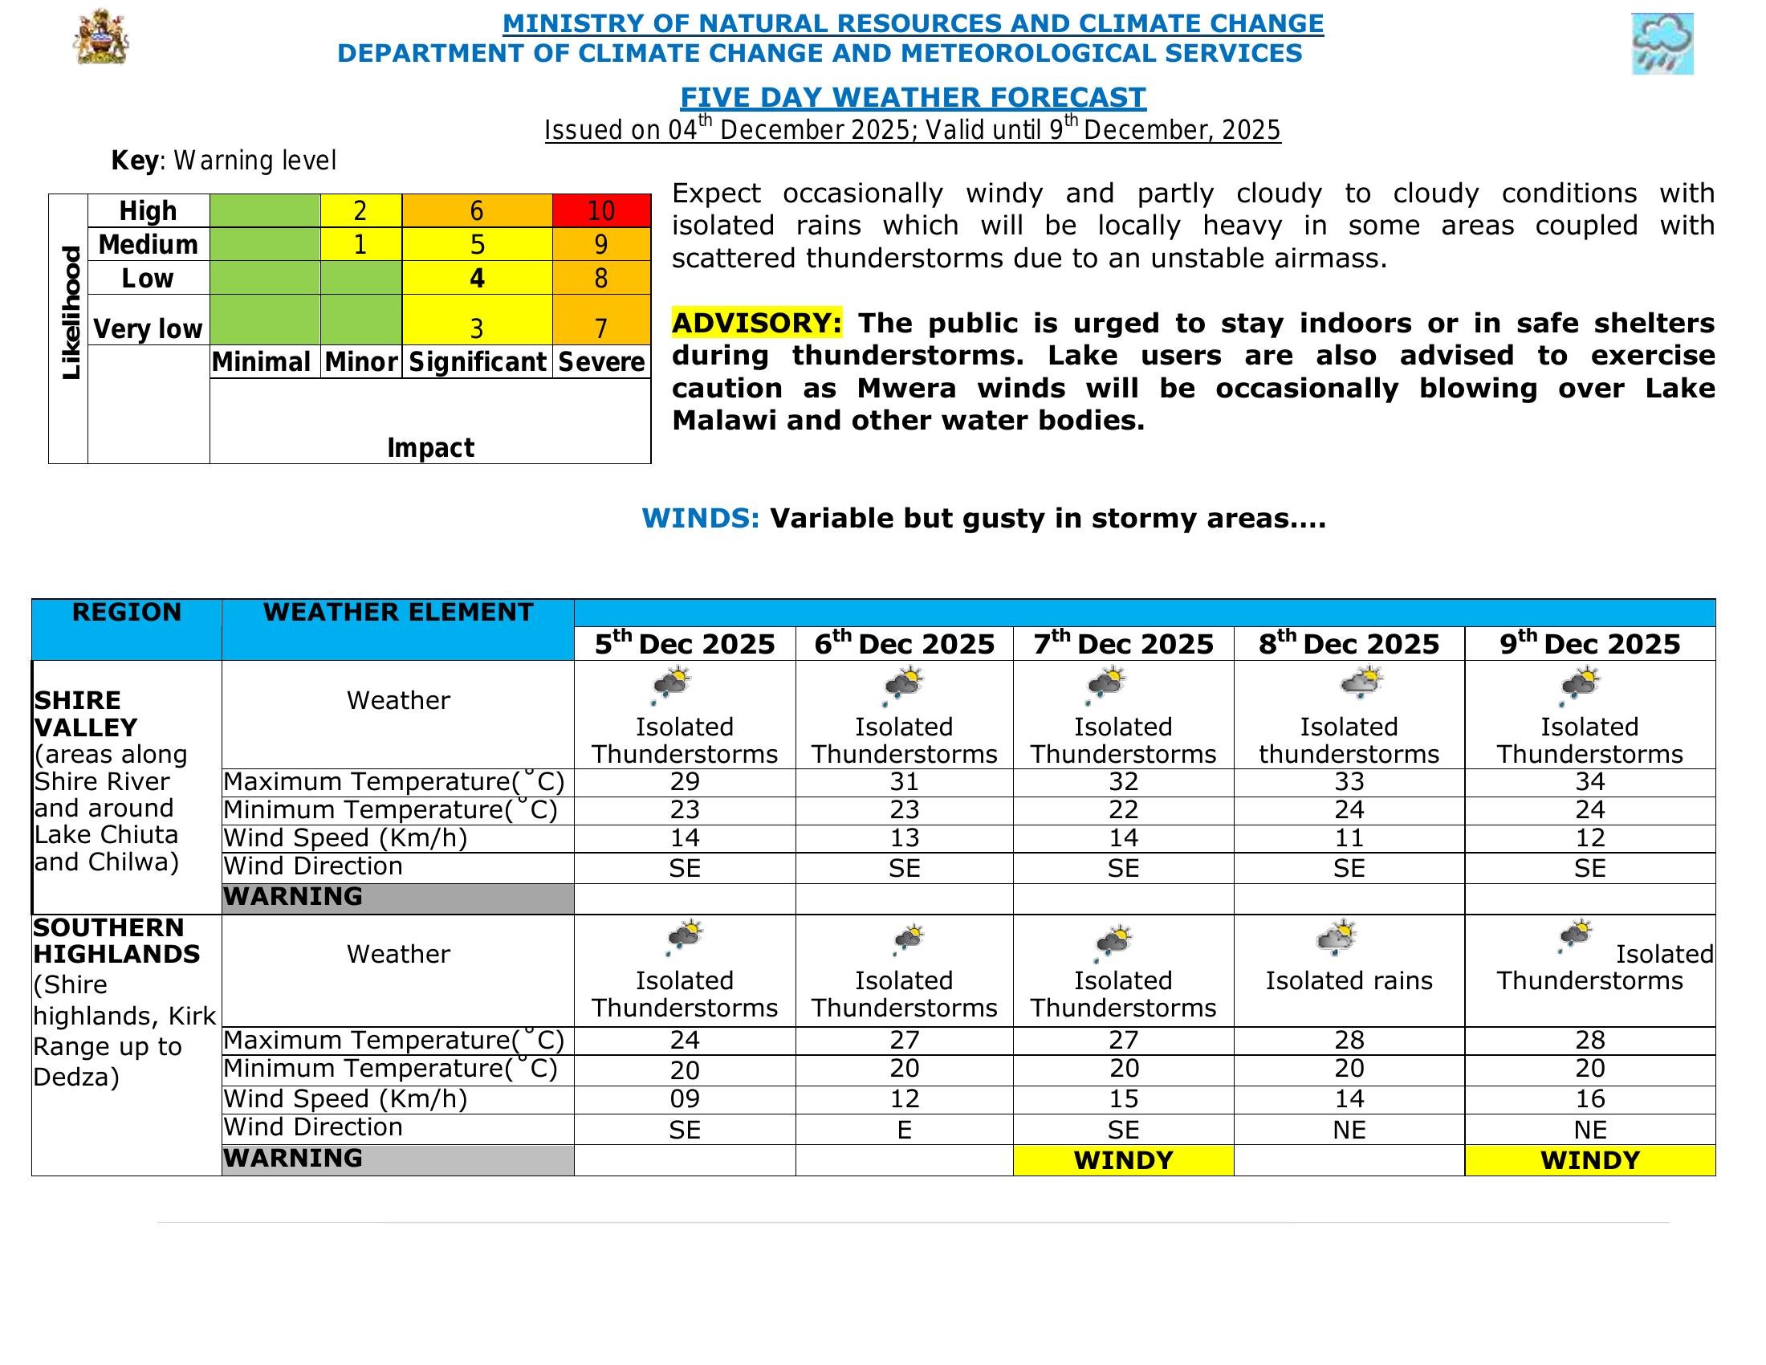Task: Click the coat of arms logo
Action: (x=101, y=38)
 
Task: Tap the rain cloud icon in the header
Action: (x=1662, y=43)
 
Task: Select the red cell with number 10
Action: (x=600, y=211)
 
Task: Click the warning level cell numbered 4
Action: (x=477, y=278)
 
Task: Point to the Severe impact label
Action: (x=600, y=361)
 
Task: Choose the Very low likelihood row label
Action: (x=148, y=328)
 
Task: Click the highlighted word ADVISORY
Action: (x=757, y=323)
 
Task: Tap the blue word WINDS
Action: (x=700, y=519)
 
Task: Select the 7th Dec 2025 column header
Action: (x=1123, y=644)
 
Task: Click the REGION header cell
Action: (x=127, y=612)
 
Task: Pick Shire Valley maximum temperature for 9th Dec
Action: (x=1589, y=782)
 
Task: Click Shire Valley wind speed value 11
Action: (x=1349, y=837)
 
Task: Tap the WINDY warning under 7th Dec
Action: (x=1123, y=1160)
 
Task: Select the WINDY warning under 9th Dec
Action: (x=1589, y=1160)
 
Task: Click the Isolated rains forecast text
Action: (x=1349, y=981)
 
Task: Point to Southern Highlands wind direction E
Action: (x=904, y=1130)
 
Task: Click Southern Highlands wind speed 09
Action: (x=684, y=1099)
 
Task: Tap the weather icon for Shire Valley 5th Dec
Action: (x=671, y=686)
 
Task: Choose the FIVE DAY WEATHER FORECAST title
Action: (x=913, y=97)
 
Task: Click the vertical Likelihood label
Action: (x=71, y=313)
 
